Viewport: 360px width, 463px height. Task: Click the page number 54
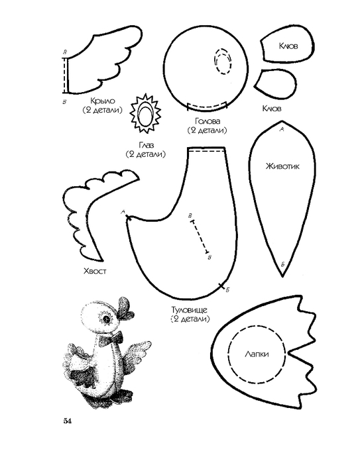coord(67,421)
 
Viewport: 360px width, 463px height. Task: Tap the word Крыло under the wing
coord(103,101)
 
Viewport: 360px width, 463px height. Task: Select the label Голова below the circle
coord(208,121)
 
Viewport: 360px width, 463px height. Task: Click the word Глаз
coord(146,145)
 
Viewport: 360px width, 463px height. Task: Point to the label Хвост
coord(95,271)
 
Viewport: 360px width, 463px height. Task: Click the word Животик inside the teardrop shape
coord(282,166)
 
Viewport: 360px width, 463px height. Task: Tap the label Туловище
coord(190,310)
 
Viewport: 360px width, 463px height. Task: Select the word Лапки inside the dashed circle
coord(257,354)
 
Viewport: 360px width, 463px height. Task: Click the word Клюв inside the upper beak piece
coord(288,46)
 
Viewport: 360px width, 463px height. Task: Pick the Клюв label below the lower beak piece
coord(272,109)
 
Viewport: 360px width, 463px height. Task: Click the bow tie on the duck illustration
coord(111,338)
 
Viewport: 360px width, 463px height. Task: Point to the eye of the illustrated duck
coord(106,319)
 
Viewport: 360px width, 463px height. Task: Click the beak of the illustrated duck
coord(125,308)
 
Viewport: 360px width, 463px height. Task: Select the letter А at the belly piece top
coord(282,129)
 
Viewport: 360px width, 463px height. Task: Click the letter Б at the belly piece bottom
coord(282,264)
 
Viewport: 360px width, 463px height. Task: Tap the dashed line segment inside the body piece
coord(199,236)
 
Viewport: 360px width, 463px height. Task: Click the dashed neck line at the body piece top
coord(206,151)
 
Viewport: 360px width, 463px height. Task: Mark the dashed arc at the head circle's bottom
coord(208,106)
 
